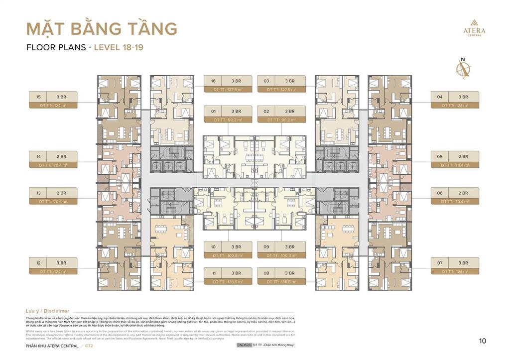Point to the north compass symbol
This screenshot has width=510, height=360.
[x=463, y=69]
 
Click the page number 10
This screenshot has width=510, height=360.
[x=482, y=341]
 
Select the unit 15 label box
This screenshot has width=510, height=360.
[x=53, y=100]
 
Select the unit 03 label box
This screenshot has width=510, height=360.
[x=281, y=84]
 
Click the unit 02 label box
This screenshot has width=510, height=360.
[x=281, y=115]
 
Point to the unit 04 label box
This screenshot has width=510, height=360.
[x=455, y=100]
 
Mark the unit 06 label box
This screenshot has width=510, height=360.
[x=455, y=196]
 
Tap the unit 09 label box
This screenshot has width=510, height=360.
[x=281, y=250]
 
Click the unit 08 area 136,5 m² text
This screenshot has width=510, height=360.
[x=281, y=282]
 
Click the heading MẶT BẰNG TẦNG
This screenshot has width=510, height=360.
[x=102, y=29]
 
